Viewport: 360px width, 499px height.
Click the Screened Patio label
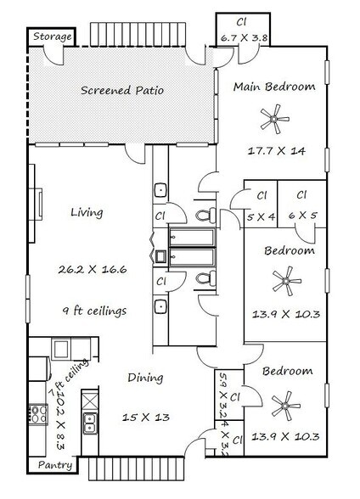(122, 90)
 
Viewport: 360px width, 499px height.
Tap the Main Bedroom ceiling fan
(274, 119)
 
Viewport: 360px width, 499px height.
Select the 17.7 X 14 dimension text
(276, 150)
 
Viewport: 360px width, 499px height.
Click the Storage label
(53, 37)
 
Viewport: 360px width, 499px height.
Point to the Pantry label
(55, 465)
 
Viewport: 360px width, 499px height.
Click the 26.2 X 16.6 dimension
(93, 270)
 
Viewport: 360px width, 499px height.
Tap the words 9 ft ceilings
(94, 311)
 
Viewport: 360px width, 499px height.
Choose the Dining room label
(145, 378)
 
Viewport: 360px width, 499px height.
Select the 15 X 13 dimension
(146, 418)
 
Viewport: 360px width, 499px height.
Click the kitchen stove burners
(38, 414)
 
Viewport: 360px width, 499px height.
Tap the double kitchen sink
(90, 423)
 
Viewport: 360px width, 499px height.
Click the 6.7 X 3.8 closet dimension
(244, 38)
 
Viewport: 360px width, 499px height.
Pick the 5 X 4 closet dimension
(261, 217)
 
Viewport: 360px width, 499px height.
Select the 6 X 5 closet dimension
(302, 216)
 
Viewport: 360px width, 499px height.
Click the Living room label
(87, 212)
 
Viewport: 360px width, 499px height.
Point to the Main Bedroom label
(274, 87)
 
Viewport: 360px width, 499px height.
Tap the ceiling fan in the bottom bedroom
(285, 406)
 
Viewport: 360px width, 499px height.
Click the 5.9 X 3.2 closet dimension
(223, 395)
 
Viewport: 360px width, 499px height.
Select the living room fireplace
(36, 204)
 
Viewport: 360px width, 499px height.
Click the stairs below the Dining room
(136, 469)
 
